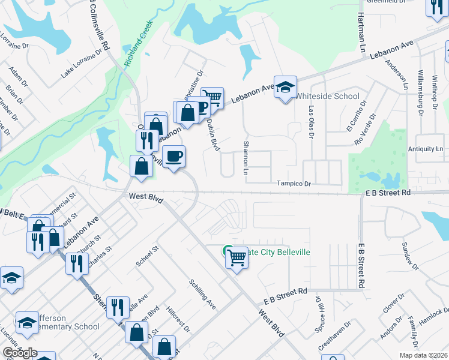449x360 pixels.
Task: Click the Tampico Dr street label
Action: click(x=294, y=184)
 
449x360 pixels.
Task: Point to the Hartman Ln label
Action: click(x=362, y=32)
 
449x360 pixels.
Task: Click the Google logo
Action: click(x=19, y=353)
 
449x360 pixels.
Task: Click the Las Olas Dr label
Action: click(x=311, y=123)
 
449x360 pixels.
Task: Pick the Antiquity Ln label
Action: click(x=425, y=149)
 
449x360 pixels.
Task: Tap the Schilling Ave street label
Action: click(x=202, y=294)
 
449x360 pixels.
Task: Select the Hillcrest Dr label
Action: click(x=178, y=322)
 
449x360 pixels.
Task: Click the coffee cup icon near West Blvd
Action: click(x=173, y=156)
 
